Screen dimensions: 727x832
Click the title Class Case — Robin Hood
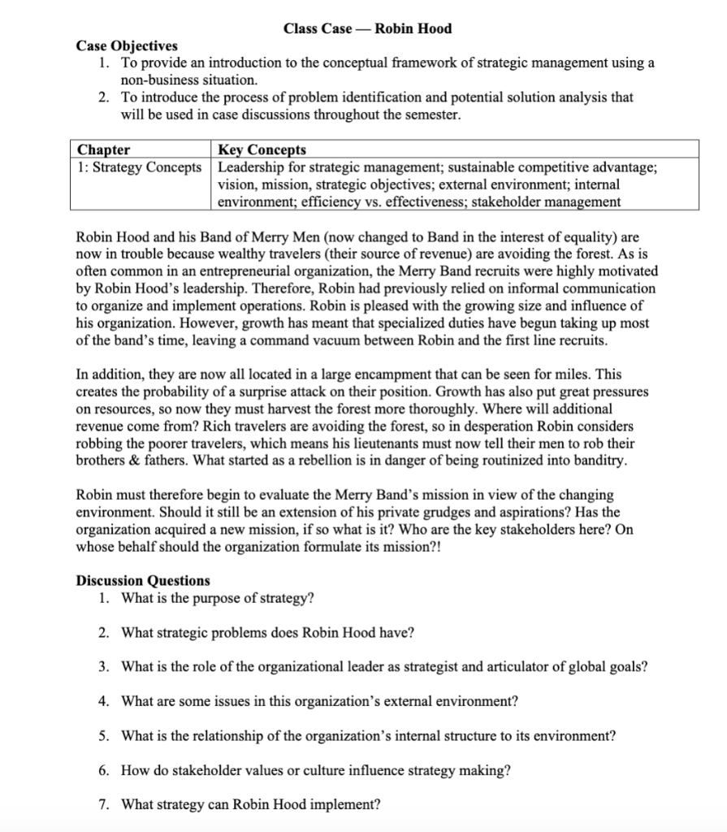(x=367, y=28)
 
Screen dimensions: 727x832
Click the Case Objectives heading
(x=126, y=45)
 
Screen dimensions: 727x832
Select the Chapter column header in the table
(x=103, y=149)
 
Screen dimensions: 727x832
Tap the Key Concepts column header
(x=262, y=149)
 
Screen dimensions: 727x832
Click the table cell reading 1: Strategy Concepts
(x=139, y=167)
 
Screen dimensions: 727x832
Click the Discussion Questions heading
(x=142, y=580)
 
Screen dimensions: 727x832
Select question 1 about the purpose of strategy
(x=217, y=598)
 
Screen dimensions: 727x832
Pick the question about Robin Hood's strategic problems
(x=268, y=632)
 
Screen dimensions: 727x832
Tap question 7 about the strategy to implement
(x=250, y=804)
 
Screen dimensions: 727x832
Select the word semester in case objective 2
(x=434, y=115)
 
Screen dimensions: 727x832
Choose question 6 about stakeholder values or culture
(x=315, y=770)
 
